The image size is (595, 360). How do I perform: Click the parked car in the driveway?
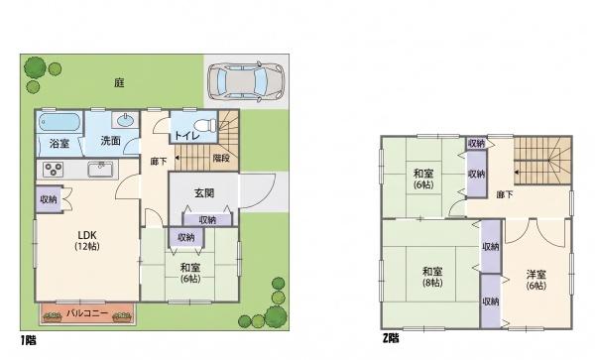pyautogui.click(x=246, y=82)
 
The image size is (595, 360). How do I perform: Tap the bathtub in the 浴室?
pyautogui.click(x=59, y=122)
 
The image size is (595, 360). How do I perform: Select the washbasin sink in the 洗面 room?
pyautogui.click(x=125, y=121)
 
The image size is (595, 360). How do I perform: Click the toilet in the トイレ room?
pyautogui.click(x=204, y=125)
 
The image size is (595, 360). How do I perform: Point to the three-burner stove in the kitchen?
pyautogui.click(x=53, y=170)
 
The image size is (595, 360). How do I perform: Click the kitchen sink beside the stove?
pyautogui.click(x=100, y=170)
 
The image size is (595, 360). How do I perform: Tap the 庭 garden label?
pyautogui.click(x=120, y=82)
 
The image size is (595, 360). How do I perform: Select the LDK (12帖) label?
pyautogui.click(x=87, y=241)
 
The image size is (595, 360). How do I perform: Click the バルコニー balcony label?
pyautogui.click(x=87, y=313)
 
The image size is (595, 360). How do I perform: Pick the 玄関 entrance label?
pyautogui.click(x=204, y=193)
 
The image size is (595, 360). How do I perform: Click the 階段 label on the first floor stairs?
pyautogui.click(x=221, y=158)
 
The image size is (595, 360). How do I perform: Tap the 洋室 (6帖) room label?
pyautogui.click(x=536, y=280)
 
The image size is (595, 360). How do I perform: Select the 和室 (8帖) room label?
pyautogui.click(x=432, y=277)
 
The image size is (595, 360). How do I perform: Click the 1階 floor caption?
pyautogui.click(x=29, y=340)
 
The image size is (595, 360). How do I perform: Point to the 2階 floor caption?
pyautogui.click(x=391, y=337)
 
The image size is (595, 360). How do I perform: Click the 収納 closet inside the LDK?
pyautogui.click(x=49, y=198)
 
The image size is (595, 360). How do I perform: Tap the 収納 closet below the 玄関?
pyautogui.click(x=207, y=219)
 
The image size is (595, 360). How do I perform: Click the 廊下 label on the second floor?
pyautogui.click(x=505, y=194)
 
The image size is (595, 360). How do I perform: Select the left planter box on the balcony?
pyautogui.click(x=53, y=317)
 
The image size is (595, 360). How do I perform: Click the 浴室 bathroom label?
pyautogui.click(x=59, y=144)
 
